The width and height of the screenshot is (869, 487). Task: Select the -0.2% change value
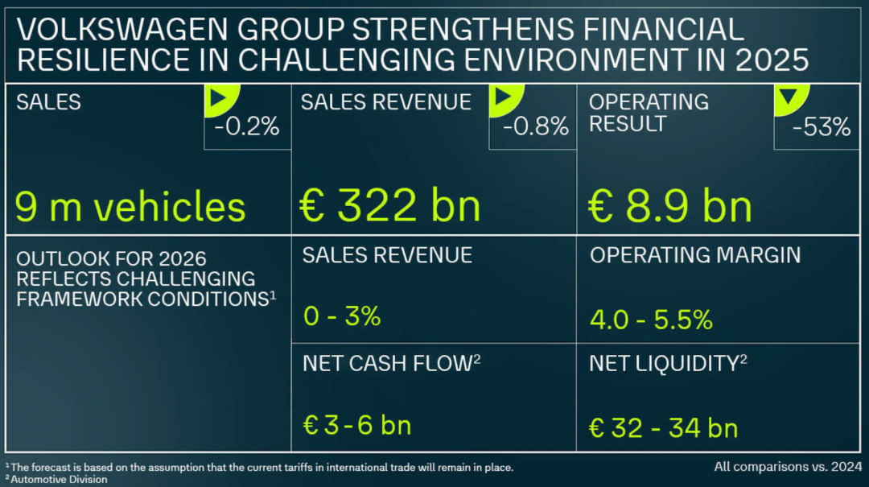pyautogui.click(x=246, y=127)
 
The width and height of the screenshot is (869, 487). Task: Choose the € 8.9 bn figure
pyautogui.click(x=670, y=206)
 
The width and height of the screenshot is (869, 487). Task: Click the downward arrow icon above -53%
pyautogui.click(x=786, y=99)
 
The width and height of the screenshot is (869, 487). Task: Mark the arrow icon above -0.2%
pyautogui.click(x=216, y=100)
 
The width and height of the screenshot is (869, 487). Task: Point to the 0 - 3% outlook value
pyautogui.click(x=342, y=316)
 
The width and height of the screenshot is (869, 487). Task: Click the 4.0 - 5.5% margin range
pyautogui.click(x=651, y=320)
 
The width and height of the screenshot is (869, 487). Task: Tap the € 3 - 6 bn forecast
pyautogui.click(x=356, y=425)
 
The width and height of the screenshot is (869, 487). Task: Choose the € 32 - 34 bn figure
pyautogui.click(x=663, y=427)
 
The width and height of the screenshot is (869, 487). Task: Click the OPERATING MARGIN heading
pyautogui.click(x=695, y=255)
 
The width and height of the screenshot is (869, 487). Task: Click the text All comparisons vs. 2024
pyautogui.click(x=786, y=466)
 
